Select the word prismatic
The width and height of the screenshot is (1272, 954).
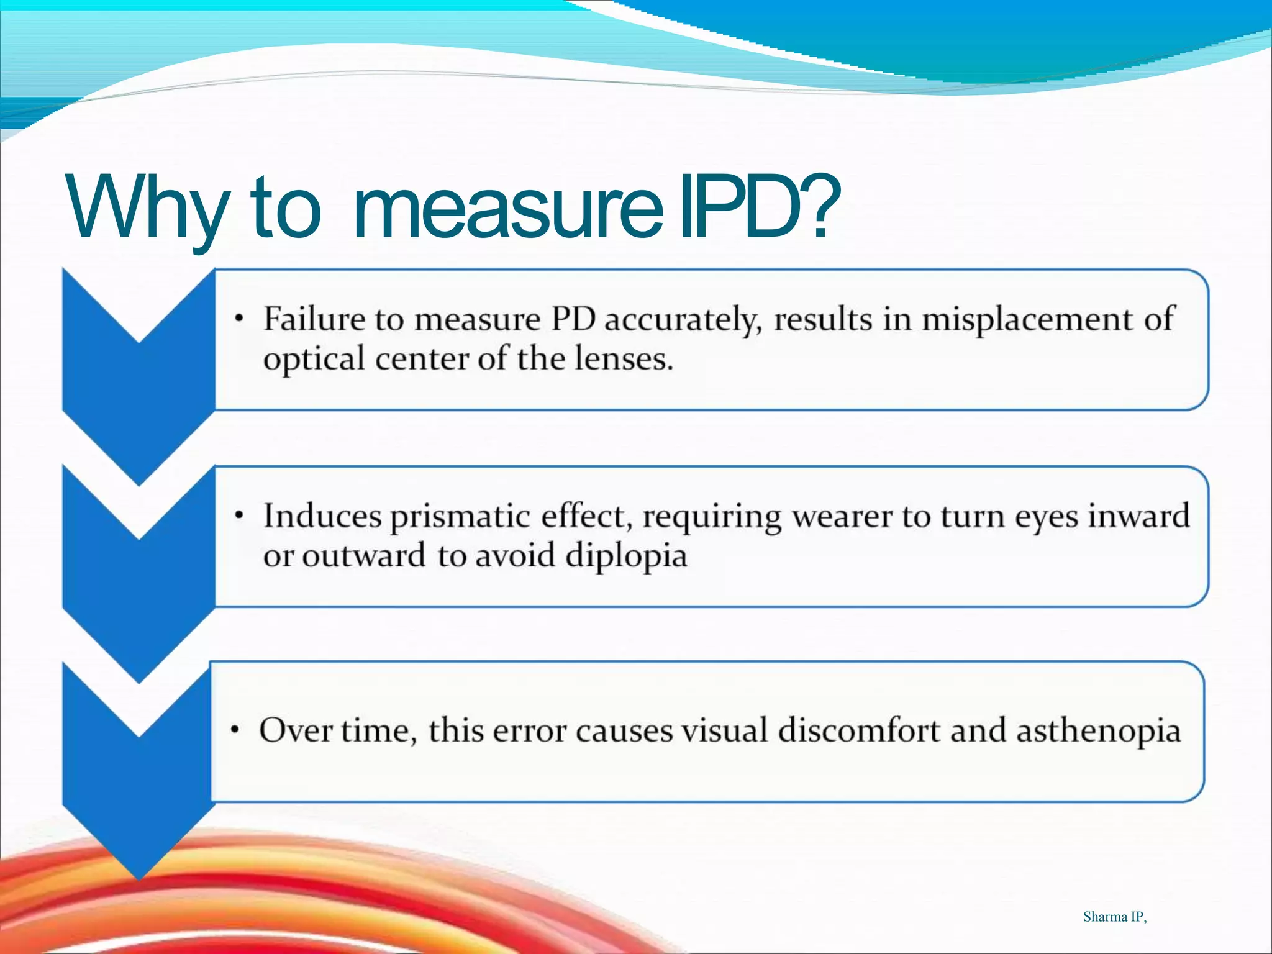[x=460, y=517]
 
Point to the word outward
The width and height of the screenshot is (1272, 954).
[x=363, y=556]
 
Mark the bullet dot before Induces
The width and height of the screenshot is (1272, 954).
[x=238, y=516]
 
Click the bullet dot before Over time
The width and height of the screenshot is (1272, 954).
[x=234, y=730]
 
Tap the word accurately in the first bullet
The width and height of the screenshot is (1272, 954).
[x=683, y=320]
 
